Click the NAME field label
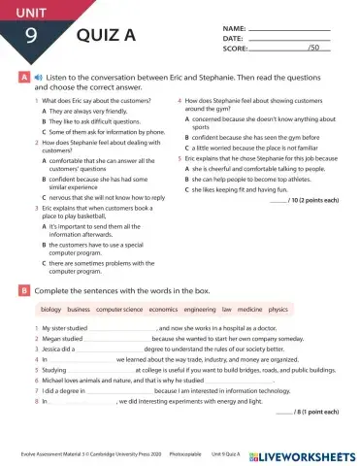click(234, 29)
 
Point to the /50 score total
click(312, 48)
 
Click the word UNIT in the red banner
click(26, 12)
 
